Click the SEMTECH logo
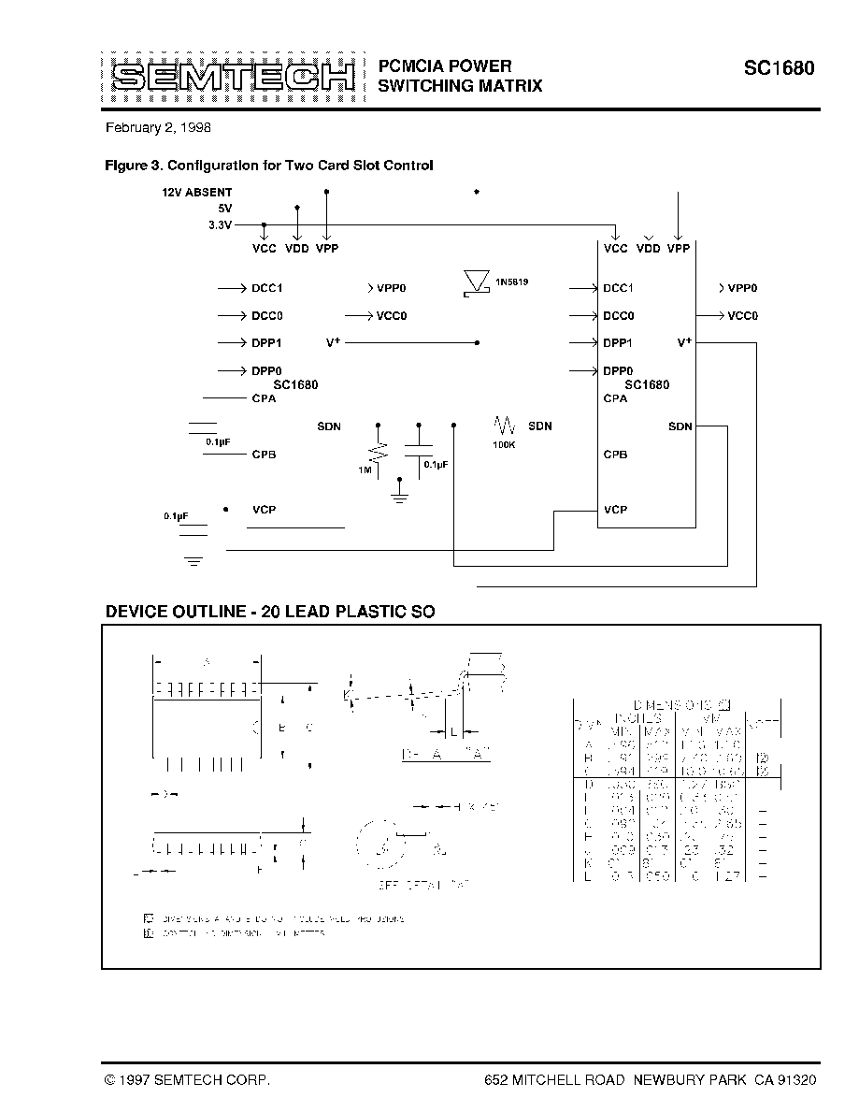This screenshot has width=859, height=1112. coord(228,76)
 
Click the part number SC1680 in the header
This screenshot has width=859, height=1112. coord(779,68)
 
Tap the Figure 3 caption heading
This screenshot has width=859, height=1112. coord(269,166)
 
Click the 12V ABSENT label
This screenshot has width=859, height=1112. coord(196,193)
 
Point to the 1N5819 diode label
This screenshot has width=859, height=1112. coord(512,282)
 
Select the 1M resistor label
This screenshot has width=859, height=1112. coord(365,469)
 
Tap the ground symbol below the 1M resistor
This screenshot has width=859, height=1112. coord(399,492)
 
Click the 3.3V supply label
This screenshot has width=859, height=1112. coord(221,225)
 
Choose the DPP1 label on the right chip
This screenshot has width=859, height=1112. coord(618,343)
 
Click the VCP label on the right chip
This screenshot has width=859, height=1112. coord(615,510)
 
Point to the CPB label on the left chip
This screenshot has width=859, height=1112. coord(264,455)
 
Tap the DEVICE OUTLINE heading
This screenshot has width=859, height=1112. coord(270,612)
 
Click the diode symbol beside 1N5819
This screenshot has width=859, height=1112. coord(478,282)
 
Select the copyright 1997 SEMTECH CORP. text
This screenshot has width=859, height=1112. coord(188,1079)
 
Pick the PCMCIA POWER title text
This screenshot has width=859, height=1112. coord(445,65)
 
